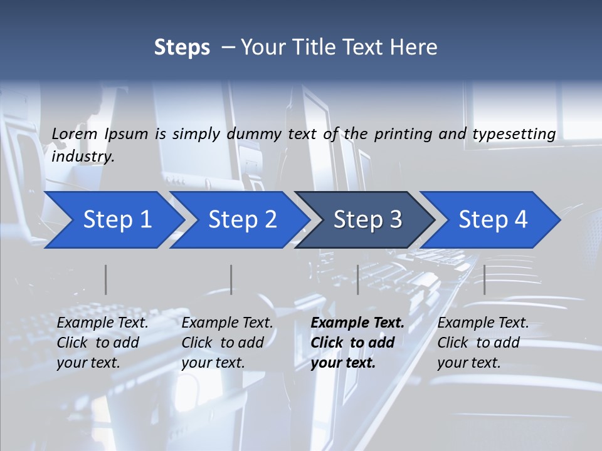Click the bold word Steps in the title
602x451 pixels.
(x=182, y=48)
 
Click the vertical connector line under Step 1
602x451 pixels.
(x=106, y=279)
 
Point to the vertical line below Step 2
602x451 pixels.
(x=231, y=279)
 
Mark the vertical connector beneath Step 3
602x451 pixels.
(x=357, y=279)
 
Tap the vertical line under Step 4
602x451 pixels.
(x=484, y=279)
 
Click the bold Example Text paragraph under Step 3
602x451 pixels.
(x=357, y=343)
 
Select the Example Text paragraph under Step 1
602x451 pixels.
(x=102, y=343)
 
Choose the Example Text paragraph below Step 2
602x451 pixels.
(x=227, y=343)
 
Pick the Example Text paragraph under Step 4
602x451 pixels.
(x=483, y=343)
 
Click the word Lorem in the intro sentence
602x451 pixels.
(x=75, y=133)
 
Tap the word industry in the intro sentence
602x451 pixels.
(x=83, y=156)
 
